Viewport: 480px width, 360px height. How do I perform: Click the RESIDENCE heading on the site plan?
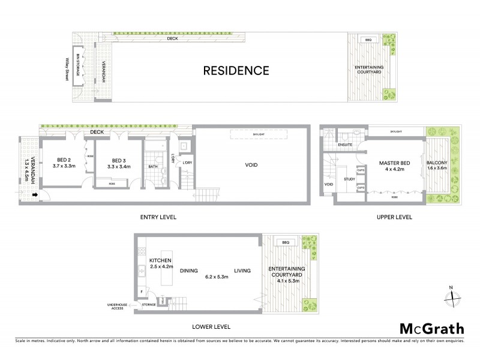[x=235, y=70]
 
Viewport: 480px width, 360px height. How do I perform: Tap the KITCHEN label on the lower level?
[x=160, y=260]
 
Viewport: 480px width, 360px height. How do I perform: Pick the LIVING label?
[x=242, y=271]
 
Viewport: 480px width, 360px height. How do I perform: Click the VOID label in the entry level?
[x=251, y=165]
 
